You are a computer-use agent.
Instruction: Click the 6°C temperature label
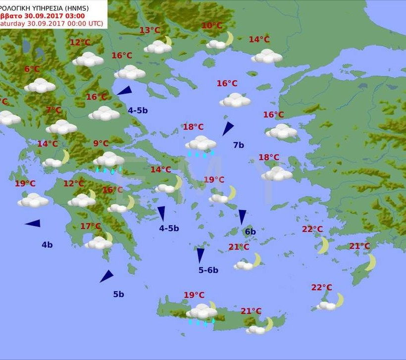(32, 69)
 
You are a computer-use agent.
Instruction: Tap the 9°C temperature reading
(101, 144)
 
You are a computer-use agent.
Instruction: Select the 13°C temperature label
(150, 30)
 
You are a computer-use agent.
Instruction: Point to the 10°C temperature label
(212, 26)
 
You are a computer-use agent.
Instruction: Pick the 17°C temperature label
(91, 226)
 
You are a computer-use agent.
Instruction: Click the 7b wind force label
(239, 145)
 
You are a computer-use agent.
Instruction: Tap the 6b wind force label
(251, 232)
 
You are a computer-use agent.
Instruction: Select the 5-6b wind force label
(208, 270)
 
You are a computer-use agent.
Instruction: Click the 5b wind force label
(118, 294)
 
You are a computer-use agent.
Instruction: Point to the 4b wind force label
(47, 245)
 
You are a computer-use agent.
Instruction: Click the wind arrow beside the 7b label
(228, 129)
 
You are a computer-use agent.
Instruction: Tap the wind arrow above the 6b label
(242, 216)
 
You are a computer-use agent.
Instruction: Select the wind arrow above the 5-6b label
(201, 255)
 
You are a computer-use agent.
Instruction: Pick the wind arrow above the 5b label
(106, 276)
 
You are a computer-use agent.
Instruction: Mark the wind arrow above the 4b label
(33, 223)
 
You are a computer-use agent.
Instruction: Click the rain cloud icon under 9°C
(109, 161)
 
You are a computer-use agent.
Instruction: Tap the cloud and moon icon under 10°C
(221, 42)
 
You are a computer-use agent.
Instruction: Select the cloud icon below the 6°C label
(40, 86)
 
